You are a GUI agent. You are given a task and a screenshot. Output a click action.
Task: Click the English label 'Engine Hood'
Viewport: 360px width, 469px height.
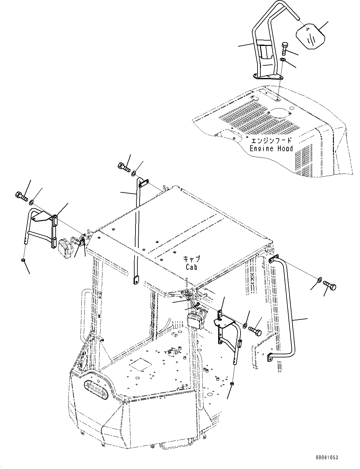pos(271,148)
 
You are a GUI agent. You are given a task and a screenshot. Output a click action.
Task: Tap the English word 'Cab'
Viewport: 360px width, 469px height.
pos(191,267)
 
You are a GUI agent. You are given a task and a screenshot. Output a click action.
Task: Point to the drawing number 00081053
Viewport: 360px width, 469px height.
pos(327,458)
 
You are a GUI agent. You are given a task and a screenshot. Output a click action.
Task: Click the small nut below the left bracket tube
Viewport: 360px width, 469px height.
pos(23,260)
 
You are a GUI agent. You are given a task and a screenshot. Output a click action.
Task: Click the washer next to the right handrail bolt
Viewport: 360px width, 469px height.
pos(319,279)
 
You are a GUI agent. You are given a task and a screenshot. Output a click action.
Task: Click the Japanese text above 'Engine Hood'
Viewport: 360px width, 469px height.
pos(270,141)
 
